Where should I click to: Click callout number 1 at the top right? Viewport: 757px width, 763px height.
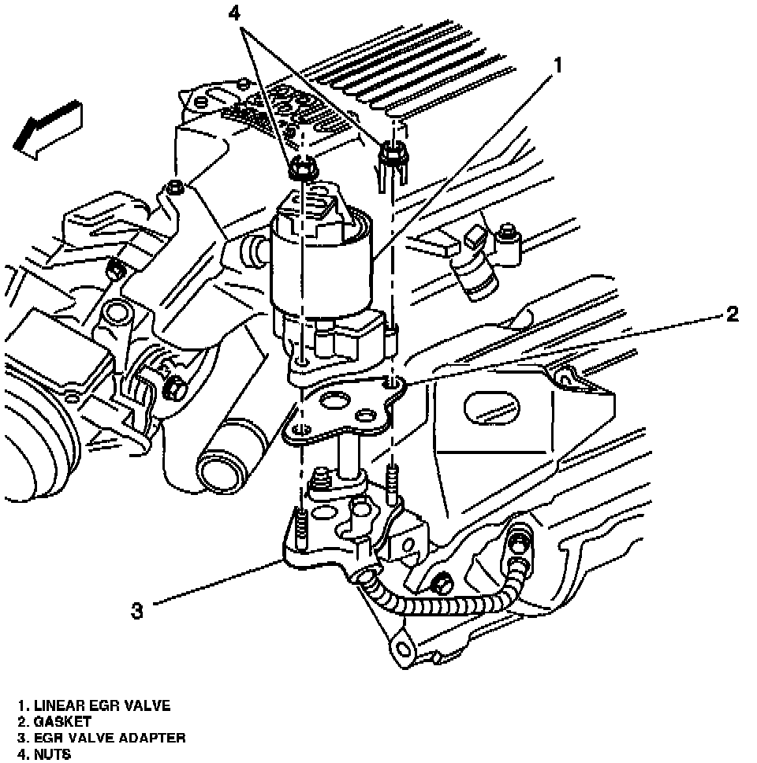tap(557, 66)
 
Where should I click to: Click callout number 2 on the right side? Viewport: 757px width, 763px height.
tap(732, 315)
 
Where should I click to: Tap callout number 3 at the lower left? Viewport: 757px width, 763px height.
tap(137, 610)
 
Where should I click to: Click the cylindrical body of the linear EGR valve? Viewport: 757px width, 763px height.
tap(319, 268)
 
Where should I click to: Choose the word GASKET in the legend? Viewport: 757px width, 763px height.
tap(64, 721)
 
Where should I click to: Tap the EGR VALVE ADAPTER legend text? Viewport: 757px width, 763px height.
tap(110, 738)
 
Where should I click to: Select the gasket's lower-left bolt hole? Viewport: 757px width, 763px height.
tap(298, 429)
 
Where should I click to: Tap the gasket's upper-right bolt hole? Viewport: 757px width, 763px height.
tap(392, 384)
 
